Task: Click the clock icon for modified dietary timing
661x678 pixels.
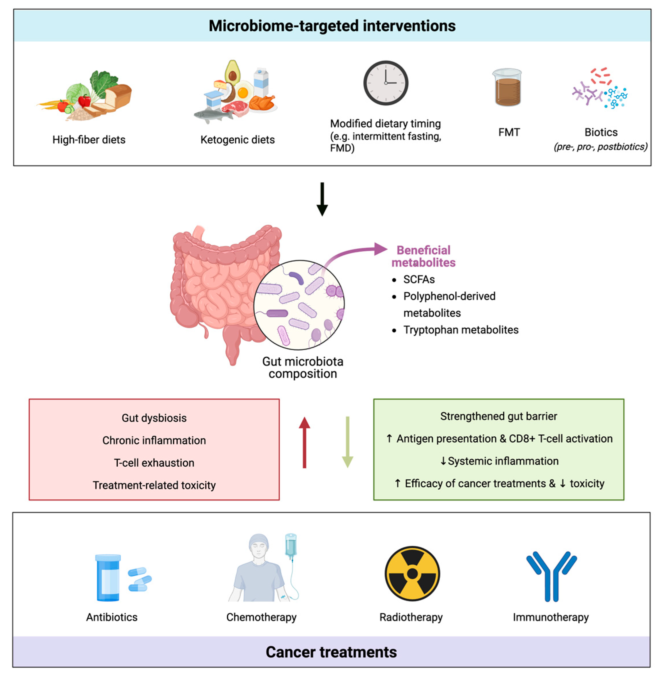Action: click(x=386, y=83)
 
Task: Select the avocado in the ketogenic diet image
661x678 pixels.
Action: click(x=232, y=72)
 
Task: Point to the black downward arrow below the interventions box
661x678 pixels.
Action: click(x=322, y=199)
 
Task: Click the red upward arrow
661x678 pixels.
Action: click(x=304, y=442)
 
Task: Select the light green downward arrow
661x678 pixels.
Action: click(x=347, y=442)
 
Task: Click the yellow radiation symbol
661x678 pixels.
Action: click(x=412, y=573)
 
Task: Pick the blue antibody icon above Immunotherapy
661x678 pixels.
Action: click(x=551, y=576)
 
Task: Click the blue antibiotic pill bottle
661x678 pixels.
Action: click(x=108, y=577)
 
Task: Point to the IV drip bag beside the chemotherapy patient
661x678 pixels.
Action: click(x=291, y=545)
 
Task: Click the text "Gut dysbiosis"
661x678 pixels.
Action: click(x=154, y=418)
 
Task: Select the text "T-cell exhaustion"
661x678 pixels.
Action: click(x=154, y=463)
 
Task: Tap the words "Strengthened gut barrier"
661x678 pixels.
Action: click(x=499, y=416)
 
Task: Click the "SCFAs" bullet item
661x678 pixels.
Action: click(x=419, y=279)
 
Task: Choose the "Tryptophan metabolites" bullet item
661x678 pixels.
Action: click(x=461, y=330)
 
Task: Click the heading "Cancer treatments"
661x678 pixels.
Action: click(x=331, y=652)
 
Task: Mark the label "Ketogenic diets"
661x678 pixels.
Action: click(x=237, y=140)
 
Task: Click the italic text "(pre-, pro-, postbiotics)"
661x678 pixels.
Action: click(x=601, y=147)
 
